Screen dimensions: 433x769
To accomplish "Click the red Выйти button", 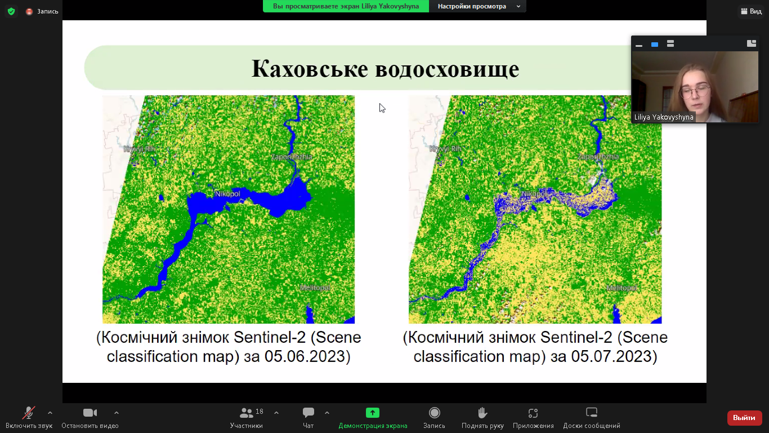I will coord(744,418).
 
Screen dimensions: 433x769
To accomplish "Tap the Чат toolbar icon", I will coord(309,413).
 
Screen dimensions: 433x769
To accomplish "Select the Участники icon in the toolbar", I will coord(247,413).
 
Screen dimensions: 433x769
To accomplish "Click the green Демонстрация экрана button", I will coord(373,413).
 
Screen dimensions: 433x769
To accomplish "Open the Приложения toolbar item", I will coord(533,413).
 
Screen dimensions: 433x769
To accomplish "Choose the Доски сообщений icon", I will coord(591,413).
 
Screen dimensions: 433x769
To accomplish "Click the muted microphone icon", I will coord(29,413).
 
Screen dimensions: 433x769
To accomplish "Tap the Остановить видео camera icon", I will coord(90,413).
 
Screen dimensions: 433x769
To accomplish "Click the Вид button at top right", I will coord(751,11).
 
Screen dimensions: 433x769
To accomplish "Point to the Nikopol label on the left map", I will coord(227,194).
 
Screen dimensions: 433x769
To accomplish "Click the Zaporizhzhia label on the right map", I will coord(597,157).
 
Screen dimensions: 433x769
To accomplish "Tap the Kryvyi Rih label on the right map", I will coord(445,149).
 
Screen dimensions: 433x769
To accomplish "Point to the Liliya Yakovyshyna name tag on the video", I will coord(664,117).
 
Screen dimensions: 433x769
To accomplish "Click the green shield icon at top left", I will coord(11,11).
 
